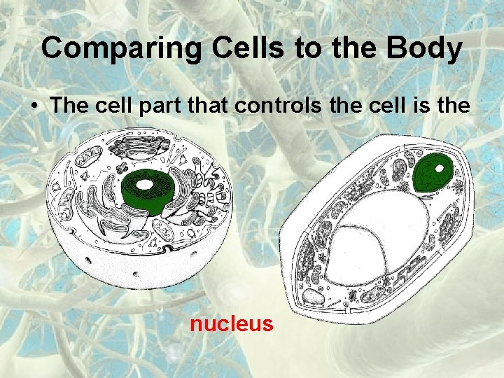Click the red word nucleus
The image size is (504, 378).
coord(231,324)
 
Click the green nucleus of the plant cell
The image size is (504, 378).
coord(432,173)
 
